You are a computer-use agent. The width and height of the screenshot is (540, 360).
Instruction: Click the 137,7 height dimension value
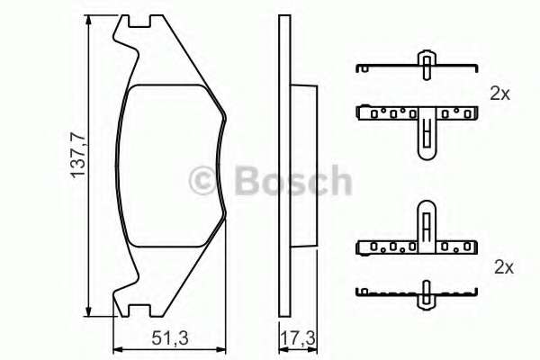78,163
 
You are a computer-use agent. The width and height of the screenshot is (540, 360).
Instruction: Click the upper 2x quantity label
500,93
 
